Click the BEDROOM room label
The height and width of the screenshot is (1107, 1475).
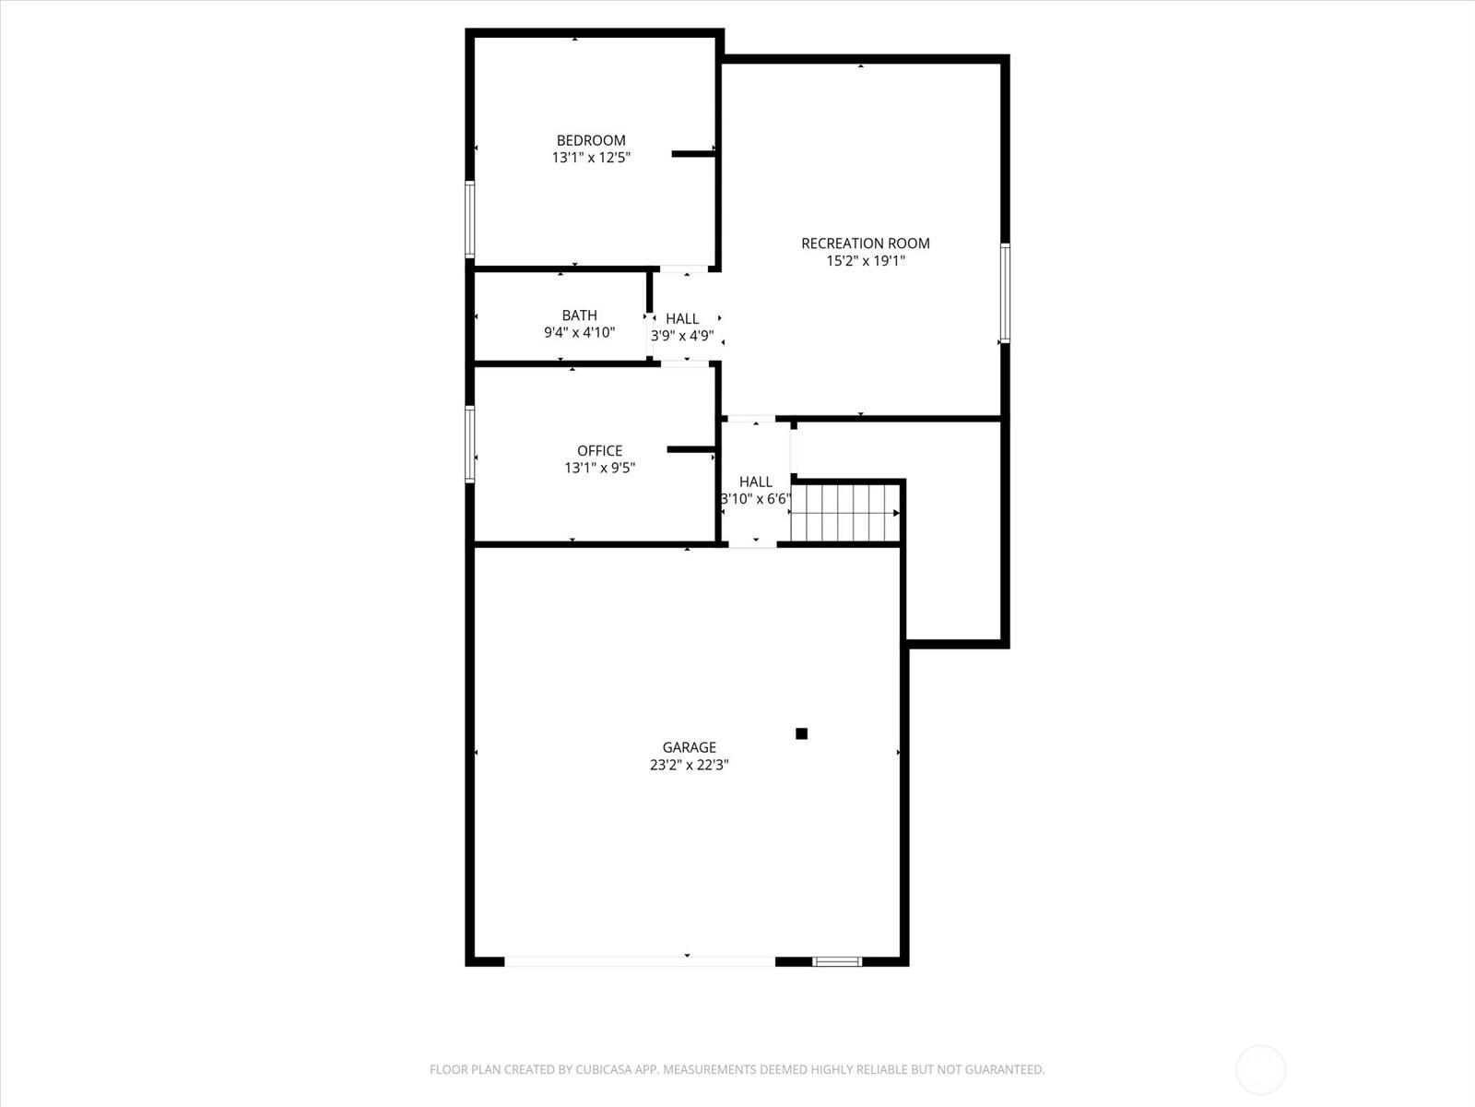[x=591, y=140]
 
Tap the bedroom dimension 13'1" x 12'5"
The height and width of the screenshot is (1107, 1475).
[x=591, y=157]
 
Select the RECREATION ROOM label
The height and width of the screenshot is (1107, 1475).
[x=866, y=244]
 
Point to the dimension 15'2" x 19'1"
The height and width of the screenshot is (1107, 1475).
[x=866, y=261]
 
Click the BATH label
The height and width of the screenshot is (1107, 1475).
[x=579, y=315]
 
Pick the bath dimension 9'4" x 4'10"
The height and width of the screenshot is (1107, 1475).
[x=579, y=332]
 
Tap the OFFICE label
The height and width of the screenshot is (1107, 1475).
[x=599, y=450]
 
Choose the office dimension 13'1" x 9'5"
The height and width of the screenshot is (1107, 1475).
[x=599, y=468]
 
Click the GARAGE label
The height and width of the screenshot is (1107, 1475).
[x=690, y=746]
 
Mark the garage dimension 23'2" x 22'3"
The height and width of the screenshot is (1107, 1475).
[x=690, y=765]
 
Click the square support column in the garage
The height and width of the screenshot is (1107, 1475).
[x=802, y=733]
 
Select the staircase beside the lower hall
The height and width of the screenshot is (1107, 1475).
[x=845, y=513]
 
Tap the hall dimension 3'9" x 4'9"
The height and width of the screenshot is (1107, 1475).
[x=682, y=336]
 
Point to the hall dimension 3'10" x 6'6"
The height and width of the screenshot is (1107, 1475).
[x=756, y=499]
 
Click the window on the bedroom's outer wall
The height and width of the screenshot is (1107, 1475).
[x=470, y=220]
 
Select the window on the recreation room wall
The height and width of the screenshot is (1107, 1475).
[x=1005, y=293]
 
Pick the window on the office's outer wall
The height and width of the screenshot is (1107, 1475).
[x=470, y=444]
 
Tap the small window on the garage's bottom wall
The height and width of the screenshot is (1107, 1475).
[x=837, y=962]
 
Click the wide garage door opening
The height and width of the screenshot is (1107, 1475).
[x=640, y=962]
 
